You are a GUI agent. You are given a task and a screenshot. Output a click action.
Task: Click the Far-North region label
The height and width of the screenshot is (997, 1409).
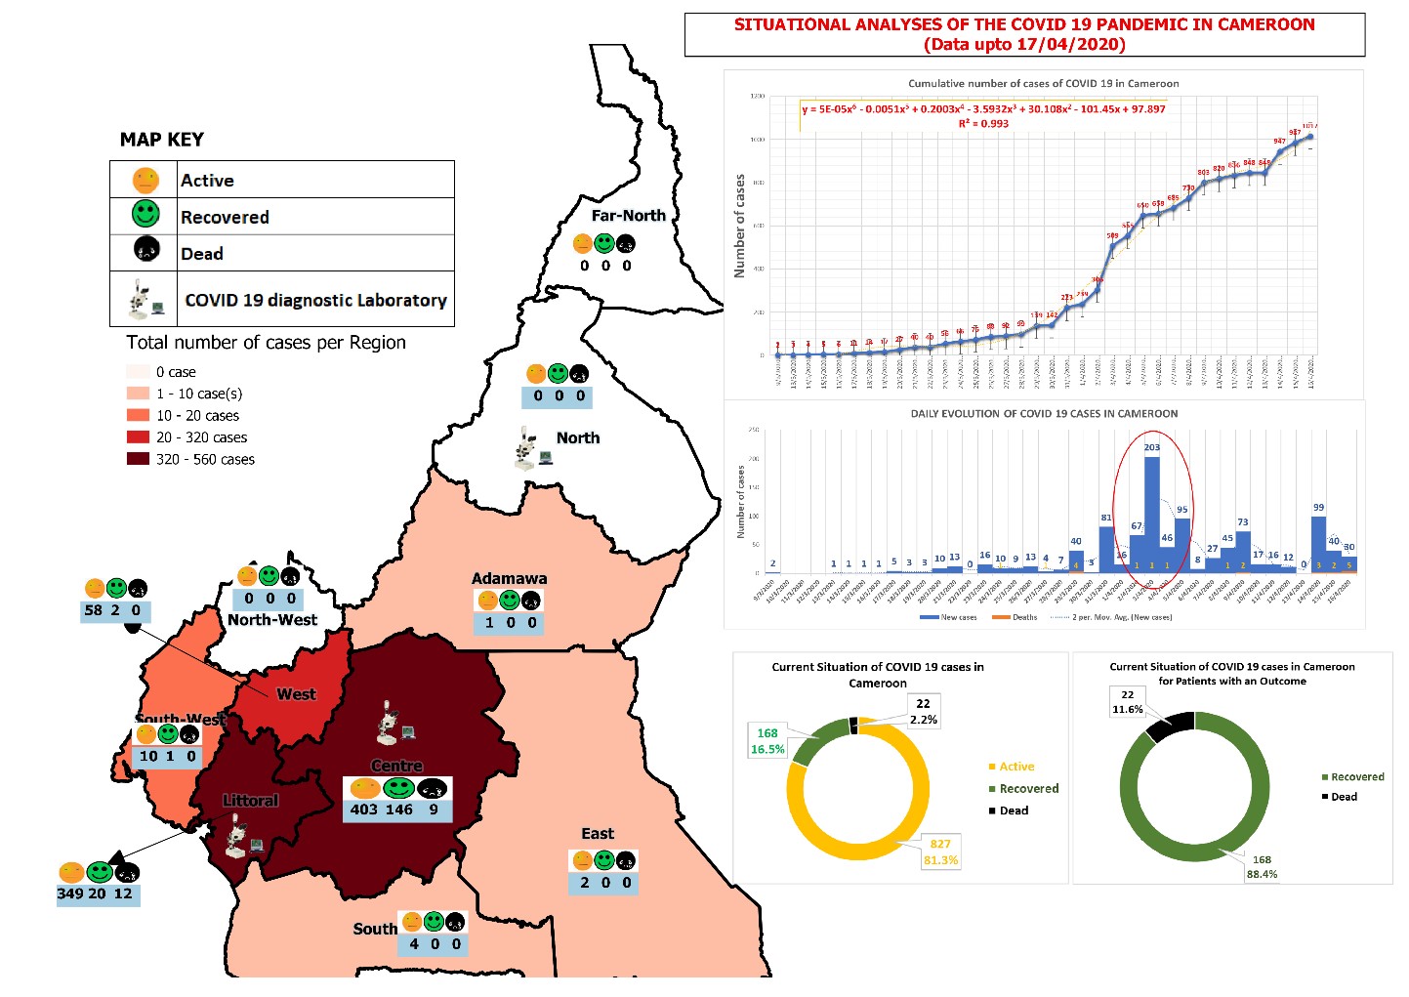pos(628,216)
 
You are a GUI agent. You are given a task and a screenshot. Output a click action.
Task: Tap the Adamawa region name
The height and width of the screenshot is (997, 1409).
pos(509,578)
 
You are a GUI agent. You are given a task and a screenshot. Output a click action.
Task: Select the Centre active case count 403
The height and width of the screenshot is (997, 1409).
pos(364,810)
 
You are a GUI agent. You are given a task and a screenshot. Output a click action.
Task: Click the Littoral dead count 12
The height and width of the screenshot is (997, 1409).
pos(123,893)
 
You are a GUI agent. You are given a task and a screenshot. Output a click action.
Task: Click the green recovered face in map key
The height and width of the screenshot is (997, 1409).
pos(145,214)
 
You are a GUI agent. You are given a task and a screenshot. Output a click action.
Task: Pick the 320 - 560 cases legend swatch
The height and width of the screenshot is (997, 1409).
pos(138,459)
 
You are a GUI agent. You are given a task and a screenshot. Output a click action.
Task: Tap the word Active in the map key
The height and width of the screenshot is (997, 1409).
pos(207,181)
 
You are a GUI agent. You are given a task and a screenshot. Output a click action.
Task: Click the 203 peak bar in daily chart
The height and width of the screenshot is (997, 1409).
pos(1152,513)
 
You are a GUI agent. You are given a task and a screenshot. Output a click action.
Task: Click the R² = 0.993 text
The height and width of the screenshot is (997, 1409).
pos(983,124)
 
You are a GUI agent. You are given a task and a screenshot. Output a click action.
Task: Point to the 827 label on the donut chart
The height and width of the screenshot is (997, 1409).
pos(940,844)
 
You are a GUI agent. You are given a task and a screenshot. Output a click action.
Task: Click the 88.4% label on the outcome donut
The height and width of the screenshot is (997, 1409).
pos(1262,874)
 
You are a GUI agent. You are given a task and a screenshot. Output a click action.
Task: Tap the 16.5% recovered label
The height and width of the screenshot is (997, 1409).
pos(767,749)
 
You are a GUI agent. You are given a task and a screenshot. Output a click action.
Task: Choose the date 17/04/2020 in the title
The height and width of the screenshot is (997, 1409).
pos(1075,44)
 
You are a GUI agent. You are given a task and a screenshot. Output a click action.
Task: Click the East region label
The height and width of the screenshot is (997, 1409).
pos(598,834)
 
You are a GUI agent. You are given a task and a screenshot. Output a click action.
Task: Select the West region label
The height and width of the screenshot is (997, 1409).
pos(296,694)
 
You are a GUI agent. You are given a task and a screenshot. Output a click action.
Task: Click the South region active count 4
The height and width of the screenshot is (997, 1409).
pos(414,944)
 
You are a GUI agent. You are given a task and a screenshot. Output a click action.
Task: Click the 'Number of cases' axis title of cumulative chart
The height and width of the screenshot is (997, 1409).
pos(739,226)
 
